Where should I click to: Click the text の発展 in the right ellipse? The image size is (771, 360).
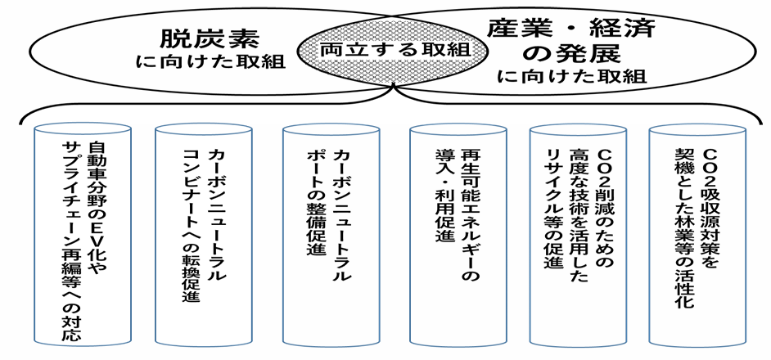click(x=572, y=56)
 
